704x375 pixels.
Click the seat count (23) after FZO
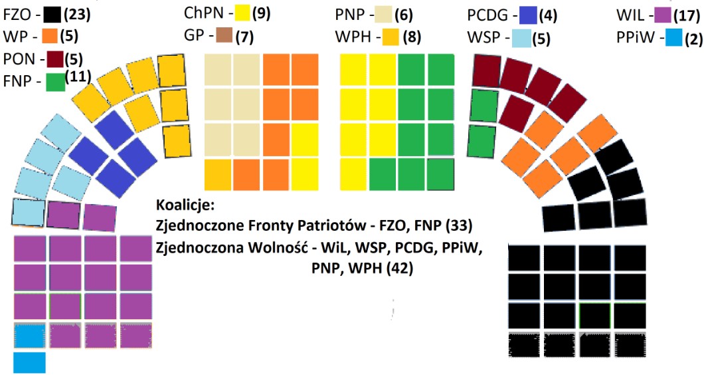tap(76, 13)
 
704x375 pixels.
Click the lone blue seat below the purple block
tap(29, 362)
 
